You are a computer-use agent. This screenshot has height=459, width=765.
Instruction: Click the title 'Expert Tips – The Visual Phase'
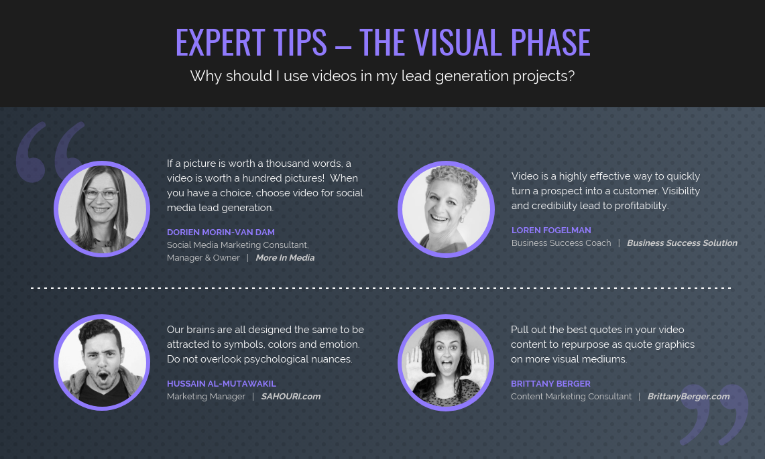point(382,42)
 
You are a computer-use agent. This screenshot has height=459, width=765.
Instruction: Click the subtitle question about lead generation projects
point(382,76)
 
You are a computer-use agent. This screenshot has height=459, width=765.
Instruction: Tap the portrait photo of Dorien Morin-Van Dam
point(102,209)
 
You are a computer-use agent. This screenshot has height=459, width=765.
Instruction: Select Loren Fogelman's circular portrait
point(446,209)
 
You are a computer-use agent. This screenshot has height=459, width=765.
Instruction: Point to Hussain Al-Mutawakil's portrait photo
point(102,363)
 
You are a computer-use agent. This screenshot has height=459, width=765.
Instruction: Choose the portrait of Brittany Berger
point(446,363)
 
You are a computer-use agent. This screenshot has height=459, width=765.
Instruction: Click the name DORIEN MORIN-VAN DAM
point(221,232)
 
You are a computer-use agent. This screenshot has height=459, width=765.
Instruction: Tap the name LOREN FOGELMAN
point(551,230)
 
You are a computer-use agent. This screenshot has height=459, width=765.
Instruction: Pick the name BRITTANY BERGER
point(550,383)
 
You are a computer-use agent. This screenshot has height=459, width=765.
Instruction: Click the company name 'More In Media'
point(284,257)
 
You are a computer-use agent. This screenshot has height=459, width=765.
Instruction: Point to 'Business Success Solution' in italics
point(682,243)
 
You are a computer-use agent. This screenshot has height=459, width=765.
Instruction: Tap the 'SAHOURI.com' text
point(290,396)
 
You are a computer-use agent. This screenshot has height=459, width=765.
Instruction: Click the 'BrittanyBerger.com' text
point(688,396)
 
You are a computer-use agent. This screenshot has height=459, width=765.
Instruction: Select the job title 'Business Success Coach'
point(561,243)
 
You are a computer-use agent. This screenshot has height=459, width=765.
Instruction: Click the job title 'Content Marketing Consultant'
point(571,396)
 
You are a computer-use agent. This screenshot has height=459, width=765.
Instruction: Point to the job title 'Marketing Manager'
point(206,396)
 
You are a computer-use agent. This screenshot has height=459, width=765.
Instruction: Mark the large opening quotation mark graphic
point(51,151)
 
